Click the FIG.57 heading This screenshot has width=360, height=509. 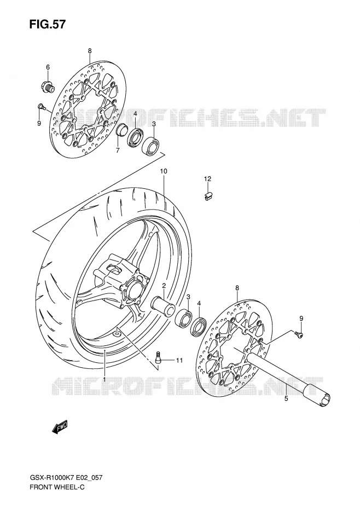pyautogui.click(x=47, y=24)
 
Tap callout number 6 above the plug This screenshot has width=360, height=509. pyautogui.click(x=48, y=67)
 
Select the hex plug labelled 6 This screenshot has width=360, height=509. pyautogui.click(x=48, y=86)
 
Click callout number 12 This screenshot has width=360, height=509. pyautogui.click(x=207, y=178)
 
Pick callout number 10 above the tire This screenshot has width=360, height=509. pyautogui.click(x=163, y=171)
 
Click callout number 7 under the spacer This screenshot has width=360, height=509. pyautogui.click(x=118, y=150)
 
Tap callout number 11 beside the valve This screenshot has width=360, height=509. pyautogui.click(x=179, y=360)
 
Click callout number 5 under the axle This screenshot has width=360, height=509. pyautogui.click(x=286, y=398)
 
